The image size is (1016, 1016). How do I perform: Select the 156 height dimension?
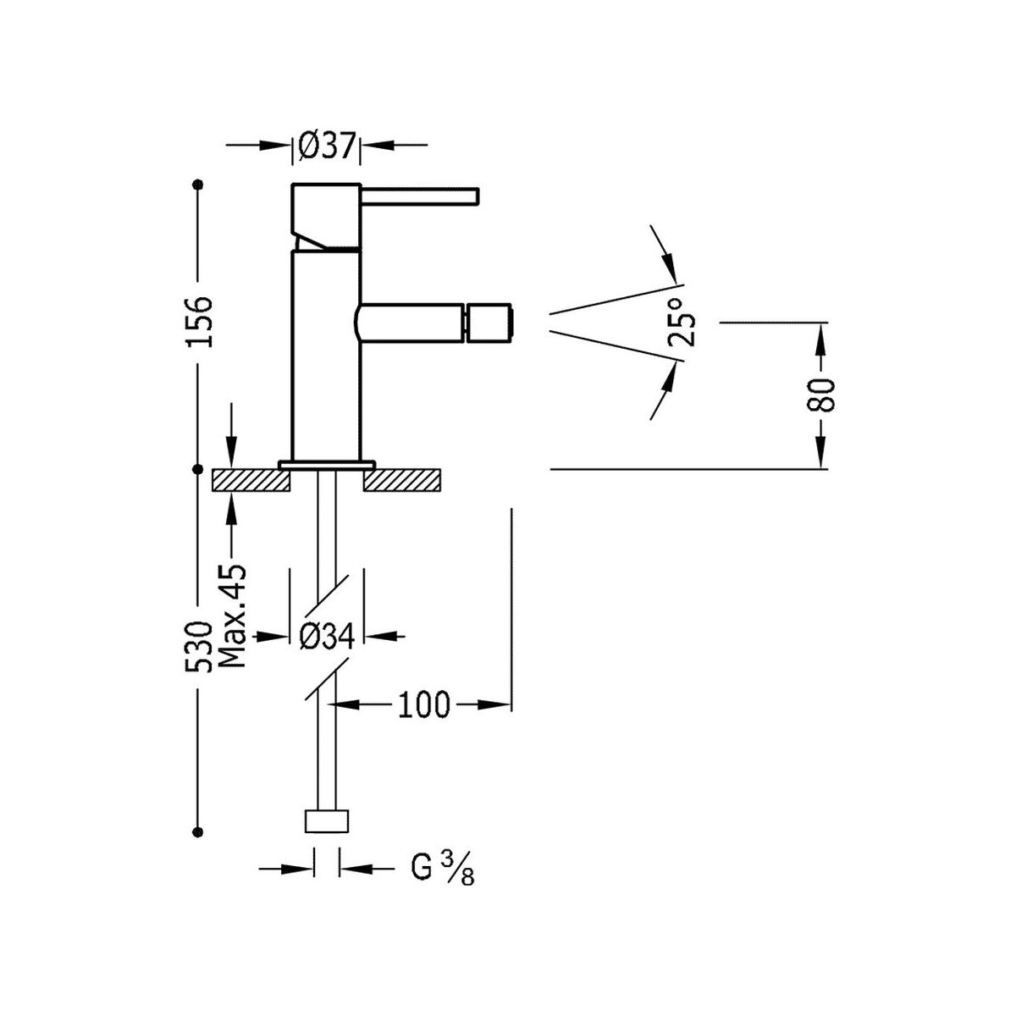tap(200, 321)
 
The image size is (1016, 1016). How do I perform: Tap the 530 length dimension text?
tap(200, 647)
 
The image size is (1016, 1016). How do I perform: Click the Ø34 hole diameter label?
tap(327, 636)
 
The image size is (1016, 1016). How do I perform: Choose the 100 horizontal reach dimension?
tap(423, 704)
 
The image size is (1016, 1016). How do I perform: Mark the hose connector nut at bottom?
tap(327, 823)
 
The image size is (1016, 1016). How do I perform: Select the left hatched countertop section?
tap(251, 480)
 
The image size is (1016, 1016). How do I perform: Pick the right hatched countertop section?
tap(403, 480)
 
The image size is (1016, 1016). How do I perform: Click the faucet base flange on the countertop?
tap(327, 463)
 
